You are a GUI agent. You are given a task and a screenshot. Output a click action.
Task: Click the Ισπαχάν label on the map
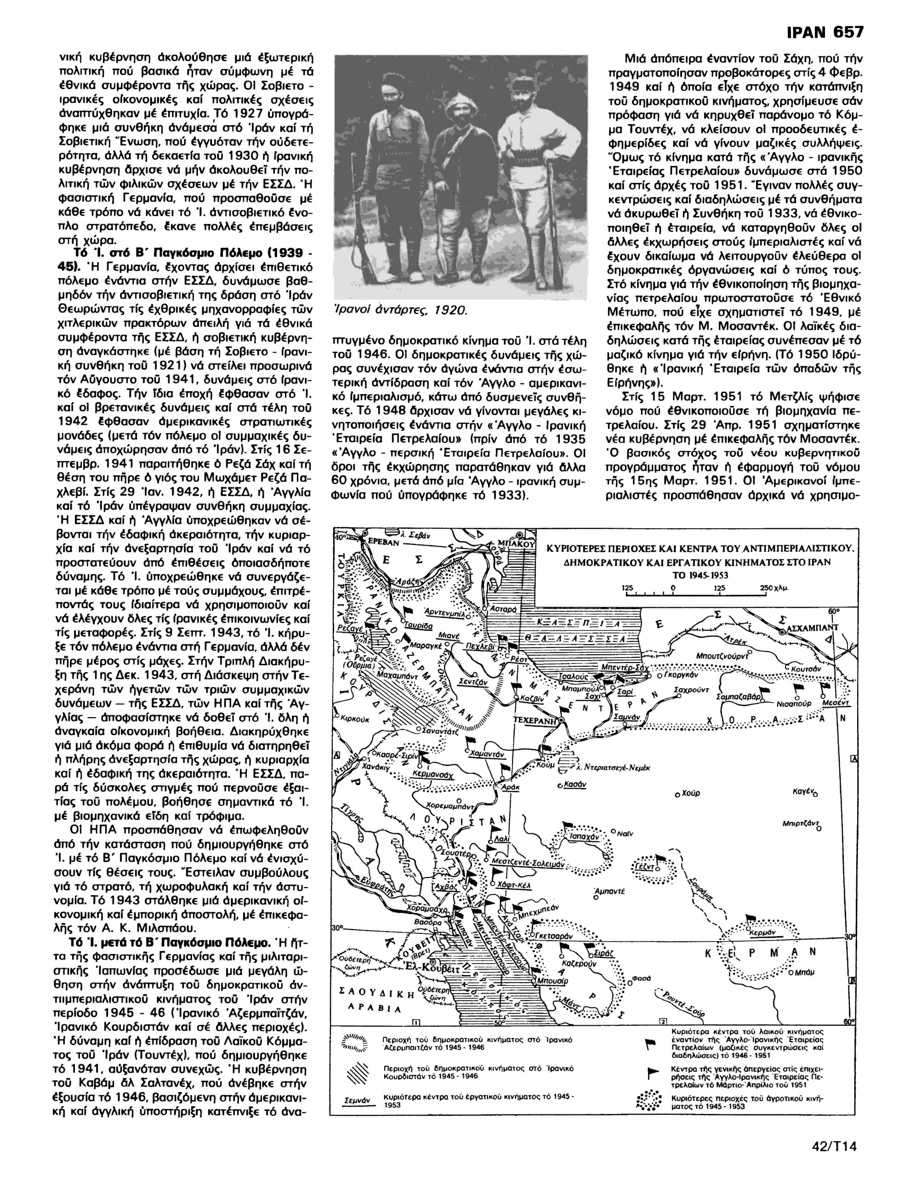tap(584, 837)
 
